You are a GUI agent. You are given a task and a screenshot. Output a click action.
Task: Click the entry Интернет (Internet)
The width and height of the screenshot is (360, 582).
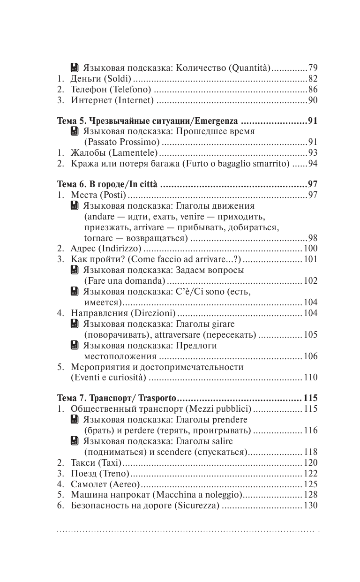pyautogui.click(x=112, y=100)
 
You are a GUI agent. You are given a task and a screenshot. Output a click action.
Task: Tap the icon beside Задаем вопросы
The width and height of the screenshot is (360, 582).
pyautogui.click(x=74, y=270)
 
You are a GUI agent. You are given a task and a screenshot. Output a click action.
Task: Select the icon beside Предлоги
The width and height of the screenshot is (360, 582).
pyautogui.click(x=74, y=346)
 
